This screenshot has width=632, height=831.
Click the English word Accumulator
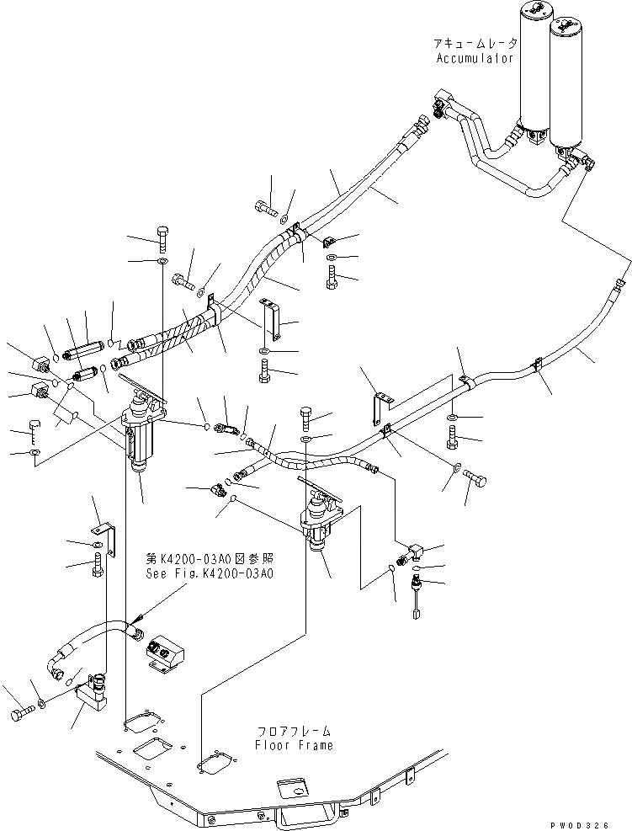pos(473,58)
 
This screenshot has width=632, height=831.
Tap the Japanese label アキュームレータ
pos(473,44)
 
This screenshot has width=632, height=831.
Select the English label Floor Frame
pos(295,745)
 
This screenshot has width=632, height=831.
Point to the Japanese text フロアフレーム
pos(295,731)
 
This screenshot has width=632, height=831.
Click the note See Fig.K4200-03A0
pos(208,573)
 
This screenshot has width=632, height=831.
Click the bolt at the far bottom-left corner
pos(21,715)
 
